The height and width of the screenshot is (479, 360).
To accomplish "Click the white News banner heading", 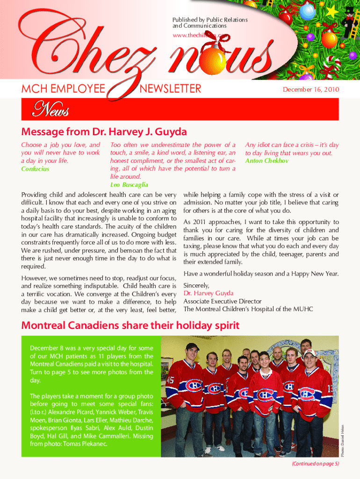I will click(x=50, y=110).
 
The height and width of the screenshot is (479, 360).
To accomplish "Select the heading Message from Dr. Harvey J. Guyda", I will click(x=104, y=131).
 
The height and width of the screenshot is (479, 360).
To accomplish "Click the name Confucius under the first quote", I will click(x=35, y=169).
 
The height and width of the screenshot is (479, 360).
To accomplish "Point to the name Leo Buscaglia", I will click(x=129, y=185).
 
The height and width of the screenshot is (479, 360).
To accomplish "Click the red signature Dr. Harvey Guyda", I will click(x=208, y=293).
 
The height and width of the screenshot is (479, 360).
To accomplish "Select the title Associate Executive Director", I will click(x=223, y=301).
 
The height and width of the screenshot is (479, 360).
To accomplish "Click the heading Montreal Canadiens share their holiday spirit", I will click(x=130, y=326).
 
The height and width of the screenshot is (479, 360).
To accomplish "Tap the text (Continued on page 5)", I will click(x=315, y=464).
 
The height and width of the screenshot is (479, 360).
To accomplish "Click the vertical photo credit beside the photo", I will click(x=342, y=440).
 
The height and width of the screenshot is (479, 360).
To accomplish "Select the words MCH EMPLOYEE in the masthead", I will click(x=63, y=88).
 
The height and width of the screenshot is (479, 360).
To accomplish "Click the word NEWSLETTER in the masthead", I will click(x=171, y=88).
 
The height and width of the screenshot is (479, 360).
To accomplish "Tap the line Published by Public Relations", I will click(x=210, y=20).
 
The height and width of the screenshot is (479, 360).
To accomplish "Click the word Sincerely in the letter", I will click(x=196, y=285).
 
